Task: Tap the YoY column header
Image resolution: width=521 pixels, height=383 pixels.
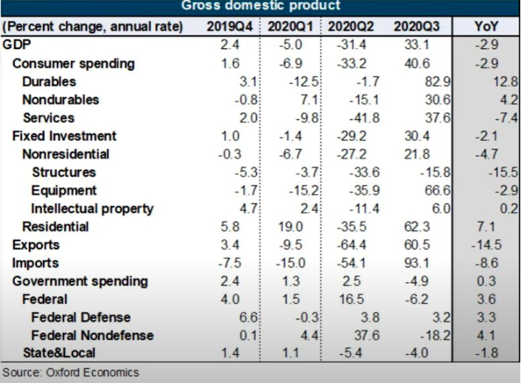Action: pos(487,27)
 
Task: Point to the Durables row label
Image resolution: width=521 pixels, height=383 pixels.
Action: pos(49,81)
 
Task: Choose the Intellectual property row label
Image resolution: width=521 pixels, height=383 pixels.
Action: pos(93,208)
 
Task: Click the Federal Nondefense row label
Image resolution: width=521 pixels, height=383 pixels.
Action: pos(93,335)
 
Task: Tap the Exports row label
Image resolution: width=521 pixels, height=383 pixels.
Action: pos(36,244)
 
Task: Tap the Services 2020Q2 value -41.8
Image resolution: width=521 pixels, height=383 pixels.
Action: pos(353,118)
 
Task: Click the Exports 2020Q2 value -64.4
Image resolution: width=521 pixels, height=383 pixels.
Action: pos(353,244)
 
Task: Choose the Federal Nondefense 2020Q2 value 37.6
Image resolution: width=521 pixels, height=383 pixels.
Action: pos(353,335)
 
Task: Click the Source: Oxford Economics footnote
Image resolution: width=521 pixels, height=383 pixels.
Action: pos(70,372)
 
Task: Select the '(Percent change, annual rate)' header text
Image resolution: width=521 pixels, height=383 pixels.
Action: pos(93,27)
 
